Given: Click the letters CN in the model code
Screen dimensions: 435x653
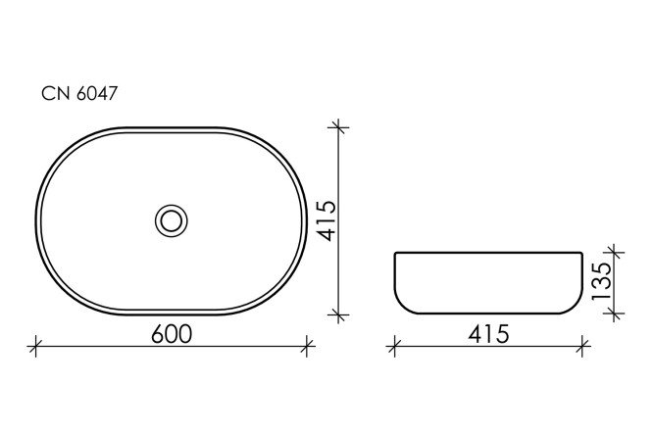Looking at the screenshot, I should click(52, 95).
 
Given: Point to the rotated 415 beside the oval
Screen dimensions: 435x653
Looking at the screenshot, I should click(326, 221).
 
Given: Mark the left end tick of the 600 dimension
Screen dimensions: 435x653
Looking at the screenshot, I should click(36, 344).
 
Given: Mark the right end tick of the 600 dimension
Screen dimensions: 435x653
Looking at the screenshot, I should click(308, 344).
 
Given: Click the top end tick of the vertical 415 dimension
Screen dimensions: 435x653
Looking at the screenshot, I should click(338, 126).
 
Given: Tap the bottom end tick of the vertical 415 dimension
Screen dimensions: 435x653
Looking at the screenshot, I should click(338, 314).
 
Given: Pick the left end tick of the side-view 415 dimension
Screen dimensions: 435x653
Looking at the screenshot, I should click(394, 344).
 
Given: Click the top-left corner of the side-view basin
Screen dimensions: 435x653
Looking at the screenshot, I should click(395, 254).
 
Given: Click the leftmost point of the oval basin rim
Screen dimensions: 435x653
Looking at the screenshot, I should click(37, 220).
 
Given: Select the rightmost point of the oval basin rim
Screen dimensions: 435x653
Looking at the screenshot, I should click(307, 220).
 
